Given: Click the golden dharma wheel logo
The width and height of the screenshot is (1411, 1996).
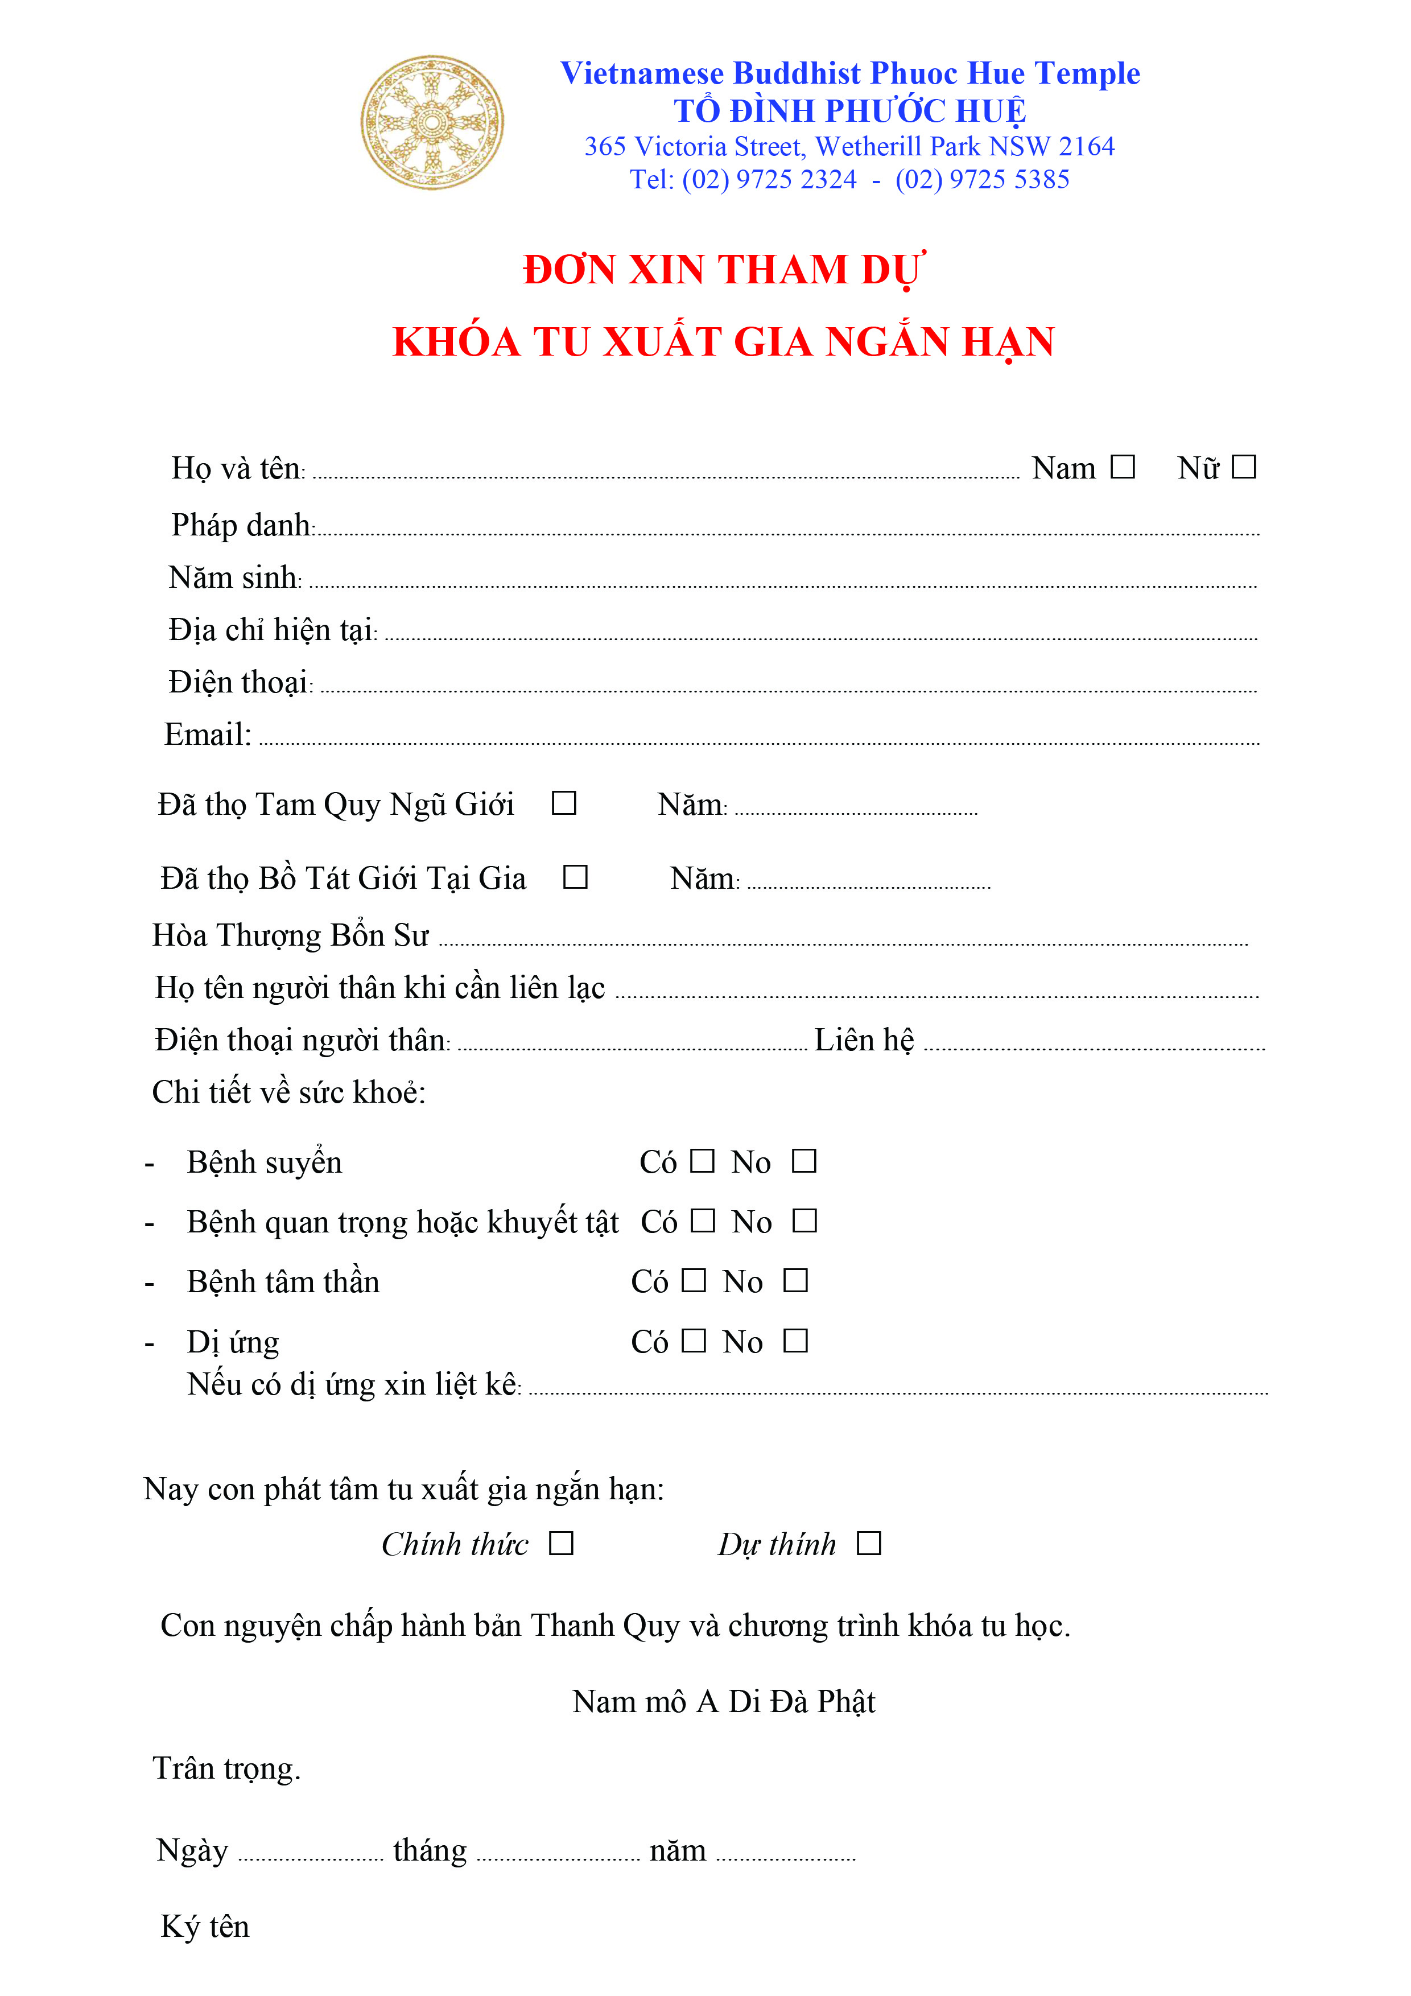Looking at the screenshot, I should (x=432, y=122).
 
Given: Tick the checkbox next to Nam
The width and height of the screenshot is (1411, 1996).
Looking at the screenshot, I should (x=1123, y=467).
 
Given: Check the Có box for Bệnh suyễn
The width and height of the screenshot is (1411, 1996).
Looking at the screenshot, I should (x=703, y=1161).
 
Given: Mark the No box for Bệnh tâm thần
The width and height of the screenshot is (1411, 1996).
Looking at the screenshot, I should (x=795, y=1281).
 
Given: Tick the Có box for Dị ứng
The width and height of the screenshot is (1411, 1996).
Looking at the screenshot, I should (x=694, y=1341).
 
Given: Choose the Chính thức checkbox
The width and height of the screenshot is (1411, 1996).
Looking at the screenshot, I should (x=562, y=1543).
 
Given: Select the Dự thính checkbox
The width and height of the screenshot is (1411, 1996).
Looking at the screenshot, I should (x=869, y=1543).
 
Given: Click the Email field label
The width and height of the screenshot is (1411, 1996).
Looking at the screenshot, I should (x=208, y=735).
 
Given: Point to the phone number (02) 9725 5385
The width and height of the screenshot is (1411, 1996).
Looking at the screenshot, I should (x=983, y=179).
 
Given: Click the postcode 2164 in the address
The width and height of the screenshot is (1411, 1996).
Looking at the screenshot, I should (x=1086, y=146).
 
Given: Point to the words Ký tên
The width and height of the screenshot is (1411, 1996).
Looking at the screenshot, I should (x=205, y=1927).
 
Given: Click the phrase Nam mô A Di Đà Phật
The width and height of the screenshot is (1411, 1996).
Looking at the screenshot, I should (x=723, y=1701).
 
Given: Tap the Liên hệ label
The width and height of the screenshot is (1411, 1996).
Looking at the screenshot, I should (x=864, y=1040).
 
